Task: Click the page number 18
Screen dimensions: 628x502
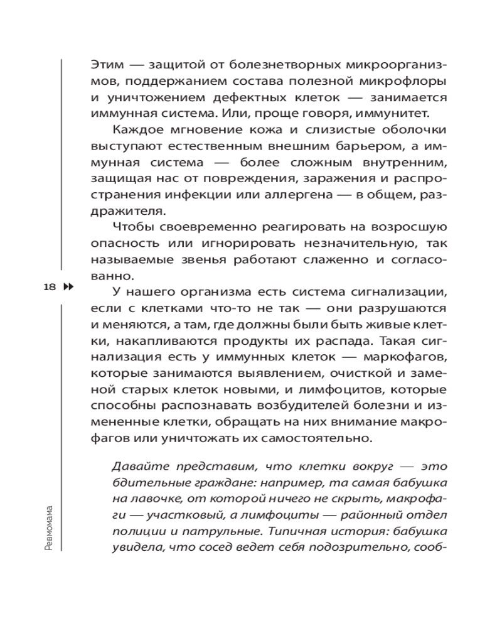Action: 49,287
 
